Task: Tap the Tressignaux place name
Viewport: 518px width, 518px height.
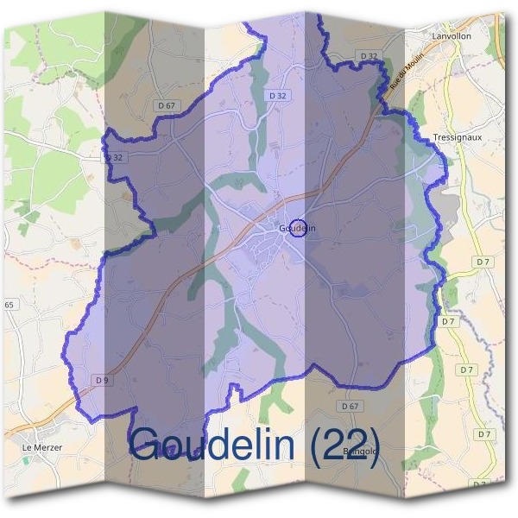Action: (x=455, y=138)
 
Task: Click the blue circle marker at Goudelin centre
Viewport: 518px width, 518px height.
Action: (x=299, y=227)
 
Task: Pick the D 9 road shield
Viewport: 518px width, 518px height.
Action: (x=103, y=380)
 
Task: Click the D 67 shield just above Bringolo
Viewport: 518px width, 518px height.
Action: (x=350, y=406)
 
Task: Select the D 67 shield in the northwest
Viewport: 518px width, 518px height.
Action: (x=168, y=105)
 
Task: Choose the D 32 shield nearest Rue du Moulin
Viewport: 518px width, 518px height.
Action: (x=369, y=56)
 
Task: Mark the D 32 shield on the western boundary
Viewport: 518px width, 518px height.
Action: (x=114, y=157)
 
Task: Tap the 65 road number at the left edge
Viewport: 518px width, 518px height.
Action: (x=9, y=305)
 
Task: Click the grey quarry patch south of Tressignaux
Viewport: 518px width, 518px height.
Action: (x=449, y=207)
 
